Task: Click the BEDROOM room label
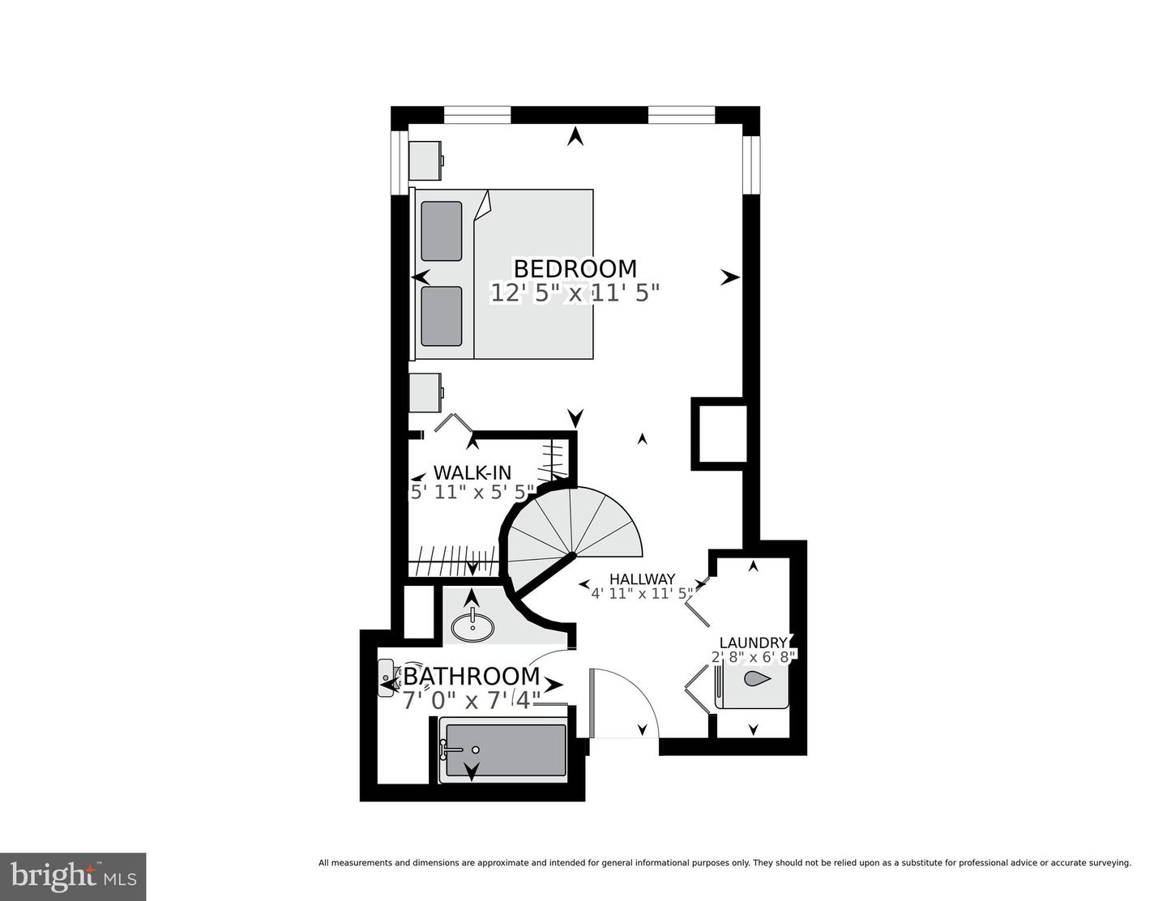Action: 575,268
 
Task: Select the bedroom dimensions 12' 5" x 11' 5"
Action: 575,293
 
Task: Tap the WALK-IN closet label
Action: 472,472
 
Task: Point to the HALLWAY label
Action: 642,579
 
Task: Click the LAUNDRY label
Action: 753,643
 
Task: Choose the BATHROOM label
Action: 472,676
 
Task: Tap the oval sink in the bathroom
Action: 472,626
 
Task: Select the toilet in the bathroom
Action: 390,674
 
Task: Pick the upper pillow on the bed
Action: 442,231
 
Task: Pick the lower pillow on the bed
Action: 442,316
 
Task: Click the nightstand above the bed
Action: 425,160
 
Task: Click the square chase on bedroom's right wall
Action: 719,434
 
